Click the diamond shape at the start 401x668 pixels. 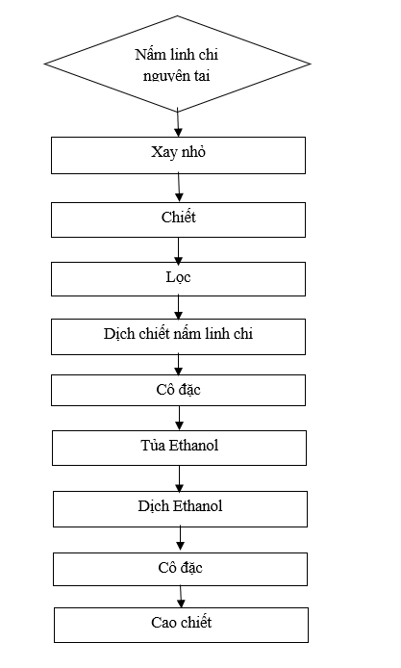[178, 64]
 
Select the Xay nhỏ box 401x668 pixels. [178, 155]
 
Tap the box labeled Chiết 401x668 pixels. [178, 219]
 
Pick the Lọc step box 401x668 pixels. [178, 279]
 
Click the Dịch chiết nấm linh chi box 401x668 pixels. [178, 337]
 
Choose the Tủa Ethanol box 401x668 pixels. [179, 448]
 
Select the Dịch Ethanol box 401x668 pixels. [180, 509]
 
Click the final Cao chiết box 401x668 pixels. [181, 625]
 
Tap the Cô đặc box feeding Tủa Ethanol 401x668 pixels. [178, 390]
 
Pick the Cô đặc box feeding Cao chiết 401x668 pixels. [180, 569]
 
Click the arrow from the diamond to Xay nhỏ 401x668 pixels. [178, 124]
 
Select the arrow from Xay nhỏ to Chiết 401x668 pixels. [179, 188]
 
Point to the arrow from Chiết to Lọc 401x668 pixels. [178, 249]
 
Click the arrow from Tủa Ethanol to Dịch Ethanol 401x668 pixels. [179, 478]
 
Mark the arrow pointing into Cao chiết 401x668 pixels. [181, 597]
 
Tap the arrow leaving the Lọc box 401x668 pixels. [178, 308]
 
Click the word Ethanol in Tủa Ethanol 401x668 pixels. [193, 446]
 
